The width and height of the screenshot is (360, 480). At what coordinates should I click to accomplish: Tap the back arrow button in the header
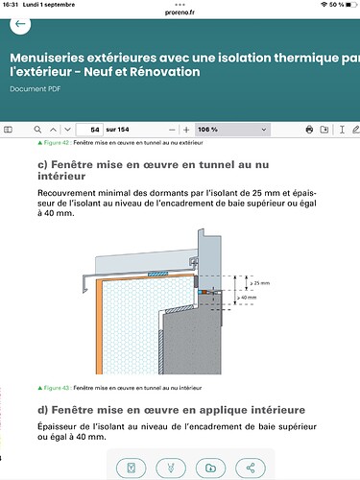20,24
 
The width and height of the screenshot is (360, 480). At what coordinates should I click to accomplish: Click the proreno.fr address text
180,12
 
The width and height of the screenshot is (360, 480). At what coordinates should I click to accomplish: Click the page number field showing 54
89,130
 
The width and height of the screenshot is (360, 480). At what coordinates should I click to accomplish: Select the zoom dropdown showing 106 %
232,130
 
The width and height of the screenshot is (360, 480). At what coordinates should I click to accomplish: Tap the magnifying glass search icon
37,130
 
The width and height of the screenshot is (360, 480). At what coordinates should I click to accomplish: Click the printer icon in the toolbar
309,130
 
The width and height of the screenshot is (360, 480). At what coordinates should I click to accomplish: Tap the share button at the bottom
251,468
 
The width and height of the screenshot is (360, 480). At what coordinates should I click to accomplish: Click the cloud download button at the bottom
210,468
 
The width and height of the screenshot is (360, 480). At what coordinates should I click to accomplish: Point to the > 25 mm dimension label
260,283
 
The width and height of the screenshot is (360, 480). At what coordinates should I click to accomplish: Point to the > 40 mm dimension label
247,298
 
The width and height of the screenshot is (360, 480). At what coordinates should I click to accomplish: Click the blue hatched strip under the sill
157,275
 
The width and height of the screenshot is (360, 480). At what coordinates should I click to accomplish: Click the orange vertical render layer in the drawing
99,326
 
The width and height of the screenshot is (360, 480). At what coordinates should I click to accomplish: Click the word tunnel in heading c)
217,164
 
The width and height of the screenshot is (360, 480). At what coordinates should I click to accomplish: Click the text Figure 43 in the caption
57,388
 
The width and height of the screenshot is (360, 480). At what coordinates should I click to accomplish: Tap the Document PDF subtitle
36,89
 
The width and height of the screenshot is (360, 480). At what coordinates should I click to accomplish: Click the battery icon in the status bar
351,5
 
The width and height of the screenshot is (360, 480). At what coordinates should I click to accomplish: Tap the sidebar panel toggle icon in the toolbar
8,130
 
